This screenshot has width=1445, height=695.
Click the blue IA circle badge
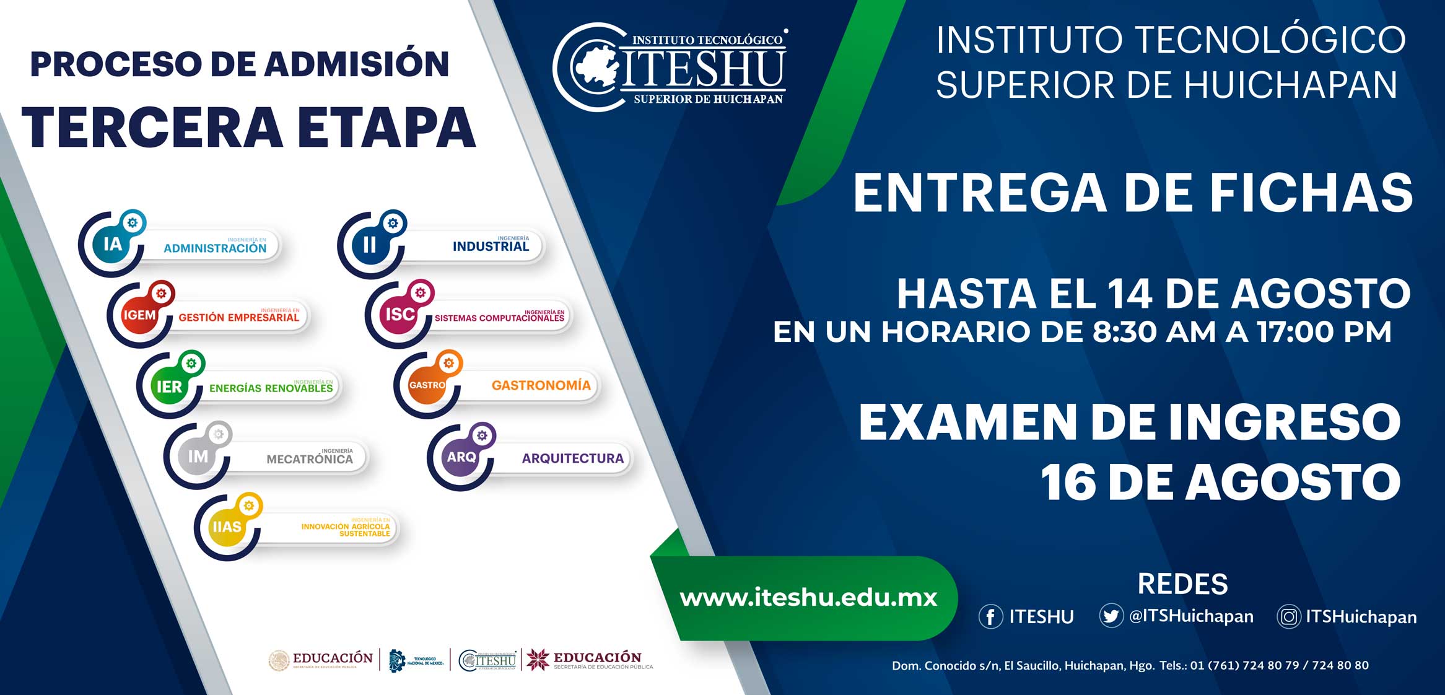pyautogui.click(x=112, y=245)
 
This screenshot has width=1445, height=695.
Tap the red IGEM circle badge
pyautogui.click(x=140, y=315)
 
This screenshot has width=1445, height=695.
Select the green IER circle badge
pyautogui.click(x=169, y=387)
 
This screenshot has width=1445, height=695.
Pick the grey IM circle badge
pyautogui.click(x=198, y=457)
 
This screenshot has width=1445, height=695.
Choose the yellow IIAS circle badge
pyautogui.click(x=227, y=527)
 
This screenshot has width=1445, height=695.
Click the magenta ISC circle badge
pyautogui.click(x=400, y=315)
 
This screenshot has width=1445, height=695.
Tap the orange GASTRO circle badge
pyautogui.click(x=427, y=385)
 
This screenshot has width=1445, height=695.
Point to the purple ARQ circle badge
pyautogui.click(x=461, y=457)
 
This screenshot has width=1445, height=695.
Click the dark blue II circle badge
pyautogui.click(x=370, y=245)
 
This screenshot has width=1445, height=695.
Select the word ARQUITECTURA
pyautogui.click(x=572, y=458)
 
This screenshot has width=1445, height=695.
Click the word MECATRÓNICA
pyautogui.click(x=310, y=459)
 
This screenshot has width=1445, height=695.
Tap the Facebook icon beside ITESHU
pyautogui.click(x=990, y=617)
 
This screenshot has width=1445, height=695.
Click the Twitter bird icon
pyautogui.click(x=1111, y=616)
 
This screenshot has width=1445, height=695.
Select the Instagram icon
pyautogui.click(x=1288, y=617)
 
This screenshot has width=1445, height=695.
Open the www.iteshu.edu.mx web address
pyautogui.click(x=808, y=598)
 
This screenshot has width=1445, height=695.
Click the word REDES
pyautogui.click(x=1182, y=584)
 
